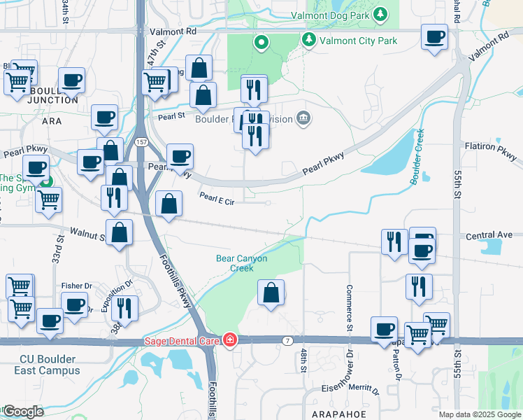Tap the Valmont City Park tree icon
click(309, 40)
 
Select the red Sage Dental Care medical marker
click(230, 340)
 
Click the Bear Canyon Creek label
click(241, 263)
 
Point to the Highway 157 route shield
click(141, 142)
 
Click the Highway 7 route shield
click(287, 340)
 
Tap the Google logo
click(22, 412)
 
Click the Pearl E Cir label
click(215, 199)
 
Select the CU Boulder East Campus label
click(49, 365)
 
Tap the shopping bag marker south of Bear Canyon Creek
click(271, 293)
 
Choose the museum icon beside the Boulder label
click(303, 118)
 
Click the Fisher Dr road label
click(76, 286)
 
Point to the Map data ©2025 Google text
click(478, 414)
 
